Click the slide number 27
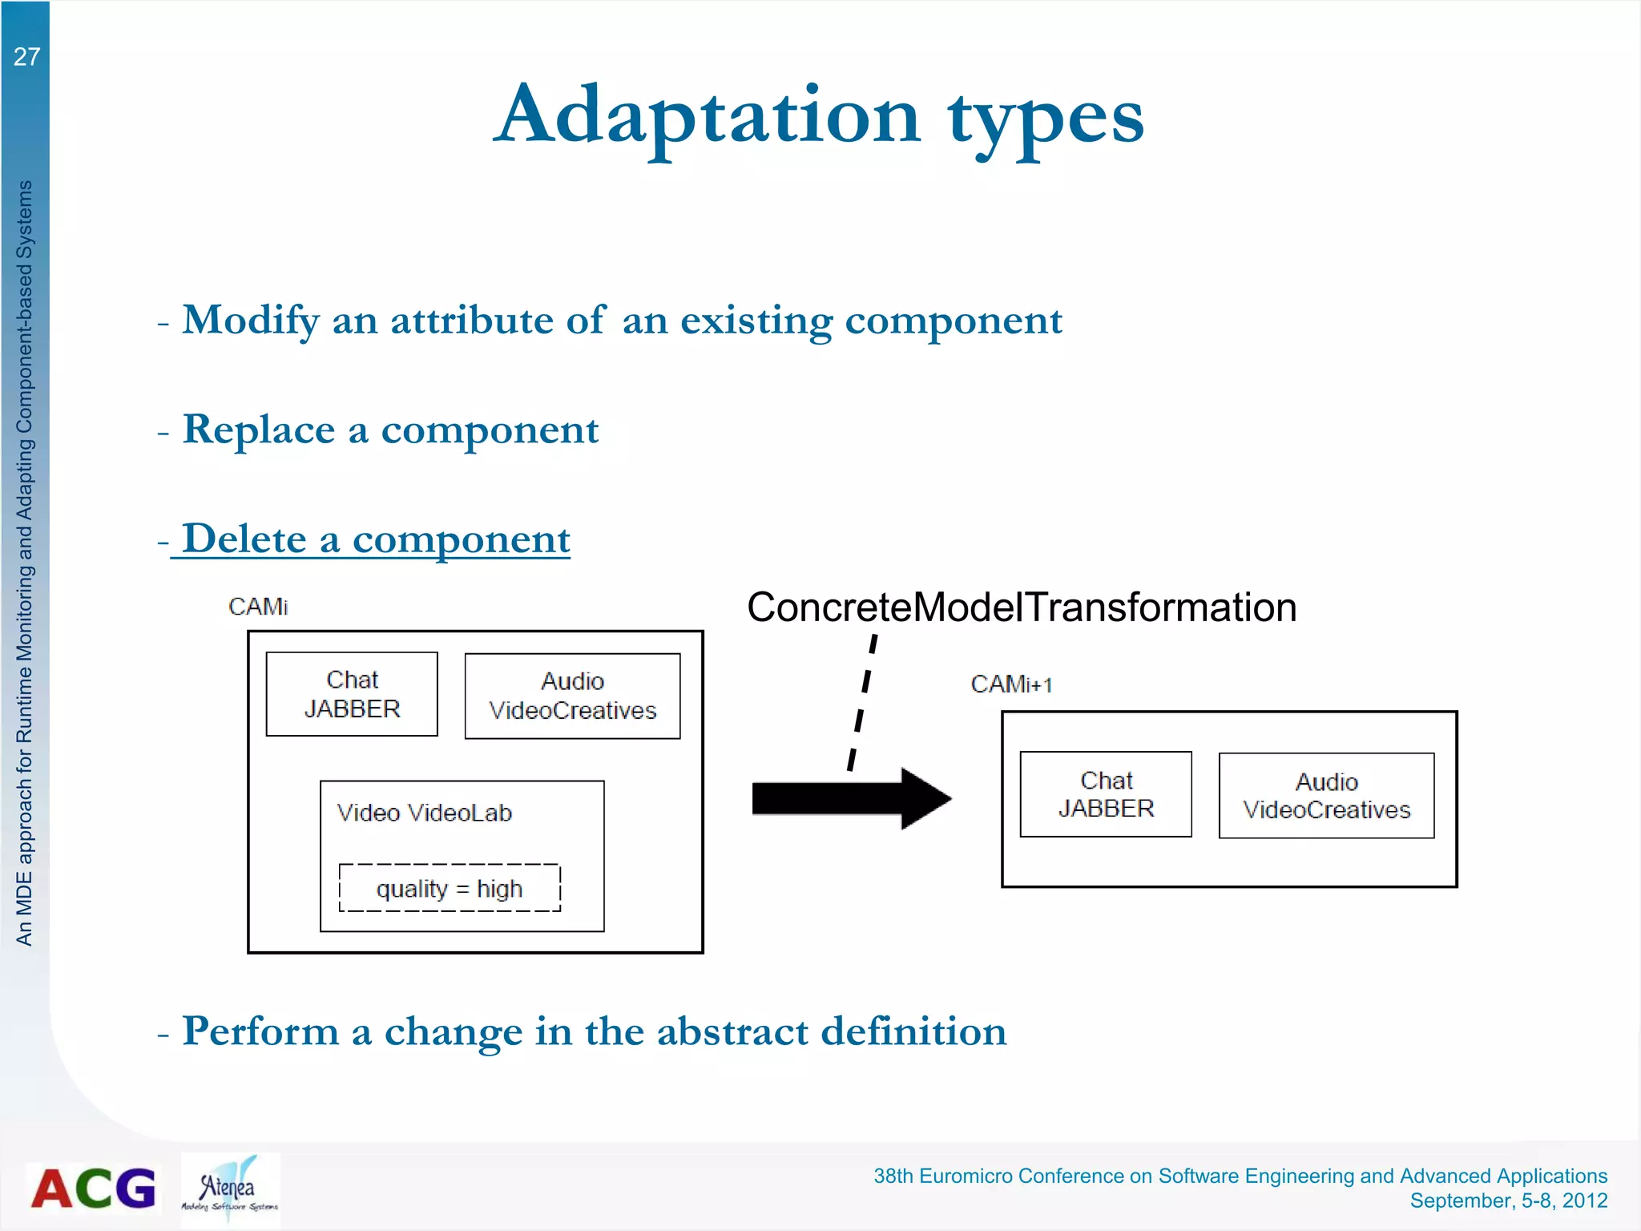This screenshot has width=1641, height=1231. (26, 57)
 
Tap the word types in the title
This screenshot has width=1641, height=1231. (1046, 120)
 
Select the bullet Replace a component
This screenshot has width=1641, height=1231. (389, 430)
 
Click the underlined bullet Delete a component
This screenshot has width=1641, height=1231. (375, 539)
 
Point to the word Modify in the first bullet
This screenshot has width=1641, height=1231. (251, 321)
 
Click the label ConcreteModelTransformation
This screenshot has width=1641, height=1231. (1021, 607)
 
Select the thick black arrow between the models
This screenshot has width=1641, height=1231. (849, 798)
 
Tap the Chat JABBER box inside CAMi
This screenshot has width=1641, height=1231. (352, 694)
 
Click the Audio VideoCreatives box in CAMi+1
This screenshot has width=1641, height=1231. (1326, 796)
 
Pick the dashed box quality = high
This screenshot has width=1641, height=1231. (450, 888)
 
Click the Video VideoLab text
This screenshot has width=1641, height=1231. (424, 813)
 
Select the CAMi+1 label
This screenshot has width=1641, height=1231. (1011, 684)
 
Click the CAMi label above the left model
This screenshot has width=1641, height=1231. (258, 607)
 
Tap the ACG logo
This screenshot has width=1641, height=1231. (93, 1188)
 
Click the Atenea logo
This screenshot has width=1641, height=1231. (230, 1189)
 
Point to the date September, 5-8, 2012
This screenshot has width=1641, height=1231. (1508, 1201)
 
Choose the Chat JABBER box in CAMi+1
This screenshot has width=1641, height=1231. (1106, 794)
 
